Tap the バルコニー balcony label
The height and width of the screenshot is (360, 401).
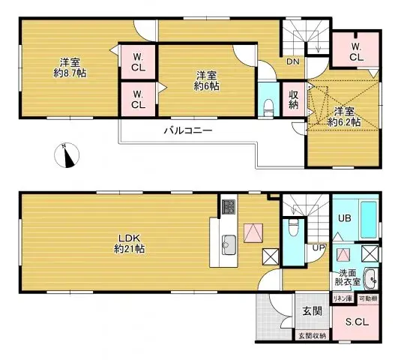click(188, 130)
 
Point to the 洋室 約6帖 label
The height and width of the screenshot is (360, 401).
click(208, 81)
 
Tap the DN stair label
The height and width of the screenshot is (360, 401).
click(292, 62)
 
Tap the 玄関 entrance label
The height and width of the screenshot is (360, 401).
click(312, 310)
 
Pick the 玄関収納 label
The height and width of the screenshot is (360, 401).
click(312, 335)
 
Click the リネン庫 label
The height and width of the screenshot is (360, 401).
click(343, 298)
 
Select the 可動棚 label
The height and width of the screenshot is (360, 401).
click(368, 298)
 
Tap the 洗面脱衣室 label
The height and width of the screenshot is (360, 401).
click(347, 277)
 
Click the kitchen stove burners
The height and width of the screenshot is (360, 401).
click(228, 206)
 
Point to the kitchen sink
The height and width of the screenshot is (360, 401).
click(229, 242)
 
